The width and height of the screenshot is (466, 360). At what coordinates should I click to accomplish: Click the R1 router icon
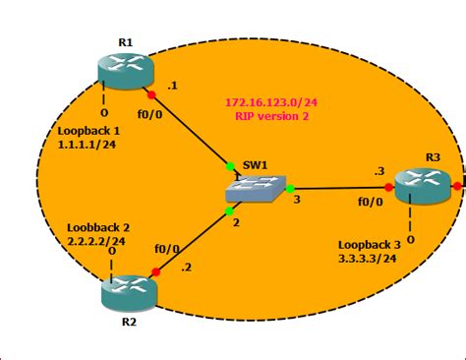pos(126,68)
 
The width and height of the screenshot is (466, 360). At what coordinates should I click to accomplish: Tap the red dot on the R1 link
pos(151,95)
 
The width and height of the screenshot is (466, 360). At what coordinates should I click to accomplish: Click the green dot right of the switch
pos(290,187)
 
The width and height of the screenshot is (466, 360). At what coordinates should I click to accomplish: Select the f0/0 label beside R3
pos(369,203)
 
